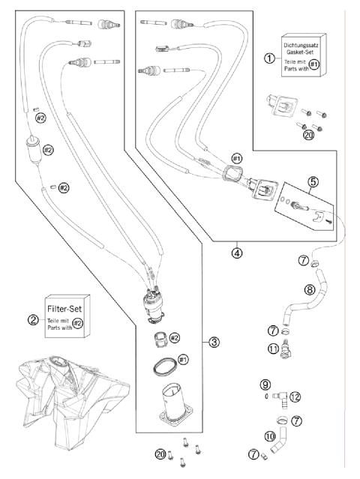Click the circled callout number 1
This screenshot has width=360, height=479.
(269, 58)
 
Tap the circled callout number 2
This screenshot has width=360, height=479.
(33, 320)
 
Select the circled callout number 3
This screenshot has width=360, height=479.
(214, 342)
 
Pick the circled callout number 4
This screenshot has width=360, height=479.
(237, 253)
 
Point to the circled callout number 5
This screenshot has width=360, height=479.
(313, 182)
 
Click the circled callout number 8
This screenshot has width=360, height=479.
(310, 289)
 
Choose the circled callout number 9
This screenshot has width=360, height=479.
(265, 384)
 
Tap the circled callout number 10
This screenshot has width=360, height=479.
(269, 436)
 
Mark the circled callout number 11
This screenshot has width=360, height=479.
(273, 349)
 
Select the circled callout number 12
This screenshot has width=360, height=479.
(295, 397)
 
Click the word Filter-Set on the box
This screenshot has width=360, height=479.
(64, 309)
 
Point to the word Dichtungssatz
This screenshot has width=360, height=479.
(301, 45)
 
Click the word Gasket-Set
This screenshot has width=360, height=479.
(300, 52)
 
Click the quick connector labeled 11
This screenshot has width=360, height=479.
(286, 349)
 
